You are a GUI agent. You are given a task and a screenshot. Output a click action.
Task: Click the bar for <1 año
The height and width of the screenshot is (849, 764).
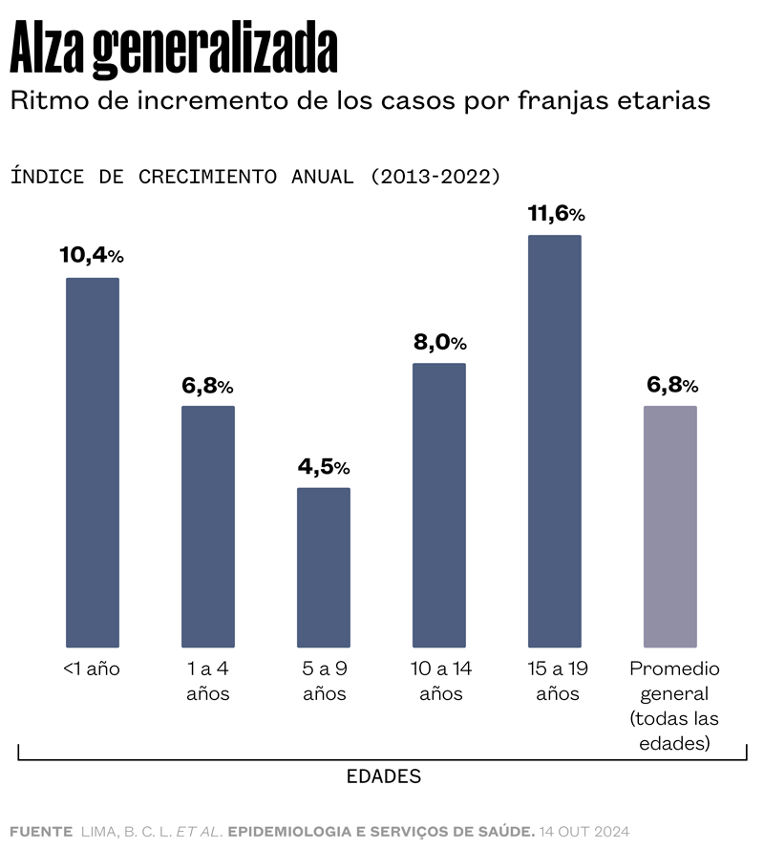(x=93, y=462)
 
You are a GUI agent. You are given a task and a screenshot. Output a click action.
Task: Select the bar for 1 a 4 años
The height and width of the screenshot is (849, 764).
(x=208, y=526)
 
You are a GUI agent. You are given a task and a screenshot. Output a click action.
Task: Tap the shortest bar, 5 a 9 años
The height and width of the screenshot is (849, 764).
(x=324, y=567)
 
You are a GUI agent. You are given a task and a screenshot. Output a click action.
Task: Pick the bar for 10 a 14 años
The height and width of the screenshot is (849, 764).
(x=439, y=505)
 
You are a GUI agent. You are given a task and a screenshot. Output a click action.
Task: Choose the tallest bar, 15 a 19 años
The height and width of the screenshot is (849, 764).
(x=555, y=441)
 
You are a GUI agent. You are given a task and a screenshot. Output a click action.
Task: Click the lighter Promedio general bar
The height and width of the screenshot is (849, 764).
(x=670, y=526)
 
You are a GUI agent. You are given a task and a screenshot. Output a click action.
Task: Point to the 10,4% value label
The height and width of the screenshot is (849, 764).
(x=92, y=255)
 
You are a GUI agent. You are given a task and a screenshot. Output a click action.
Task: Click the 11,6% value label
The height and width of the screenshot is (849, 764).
(x=556, y=213)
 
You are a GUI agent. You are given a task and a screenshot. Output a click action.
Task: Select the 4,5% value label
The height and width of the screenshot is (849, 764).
(x=324, y=467)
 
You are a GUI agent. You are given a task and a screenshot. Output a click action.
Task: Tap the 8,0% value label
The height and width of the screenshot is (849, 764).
(x=439, y=342)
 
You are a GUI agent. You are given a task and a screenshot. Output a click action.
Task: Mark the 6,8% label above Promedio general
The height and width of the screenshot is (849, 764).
(x=672, y=385)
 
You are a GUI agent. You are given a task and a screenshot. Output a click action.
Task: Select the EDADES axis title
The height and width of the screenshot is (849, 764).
(x=383, y=776)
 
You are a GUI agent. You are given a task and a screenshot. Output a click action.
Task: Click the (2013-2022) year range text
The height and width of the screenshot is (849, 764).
(x=435, y=177)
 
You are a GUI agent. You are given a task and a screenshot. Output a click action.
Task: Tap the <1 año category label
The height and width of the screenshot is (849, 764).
(x=92, y=669)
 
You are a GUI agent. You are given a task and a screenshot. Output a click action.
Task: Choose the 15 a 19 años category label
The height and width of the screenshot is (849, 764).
(x=557, y=681)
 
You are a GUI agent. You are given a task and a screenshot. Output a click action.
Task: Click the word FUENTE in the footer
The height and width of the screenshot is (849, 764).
(x=41, y=831)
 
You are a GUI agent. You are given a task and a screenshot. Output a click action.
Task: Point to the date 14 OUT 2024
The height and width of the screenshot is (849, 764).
(x=584, y=831)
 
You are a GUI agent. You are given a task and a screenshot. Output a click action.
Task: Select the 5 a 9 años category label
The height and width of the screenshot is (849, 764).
(x=324, y=681)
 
